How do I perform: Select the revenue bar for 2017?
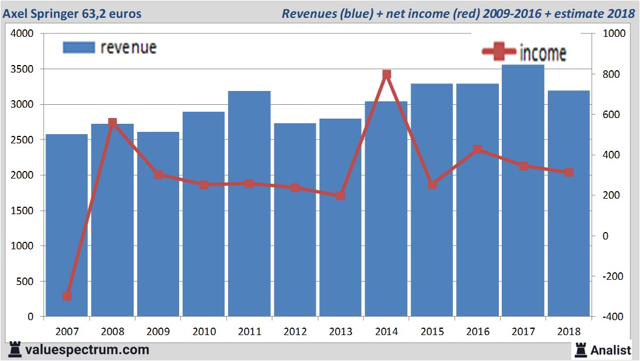523,190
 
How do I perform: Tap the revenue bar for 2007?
67,225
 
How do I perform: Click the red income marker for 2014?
387,74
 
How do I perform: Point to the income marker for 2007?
67,296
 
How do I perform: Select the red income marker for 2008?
112,123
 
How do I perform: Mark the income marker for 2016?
478,150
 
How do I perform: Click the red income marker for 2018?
569,172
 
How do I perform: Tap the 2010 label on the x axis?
204,332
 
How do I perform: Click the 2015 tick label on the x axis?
432,332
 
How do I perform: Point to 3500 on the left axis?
24,69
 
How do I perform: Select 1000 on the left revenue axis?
24,246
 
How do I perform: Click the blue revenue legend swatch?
78,47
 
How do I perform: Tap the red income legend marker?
498,52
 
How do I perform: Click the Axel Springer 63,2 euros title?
72,13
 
